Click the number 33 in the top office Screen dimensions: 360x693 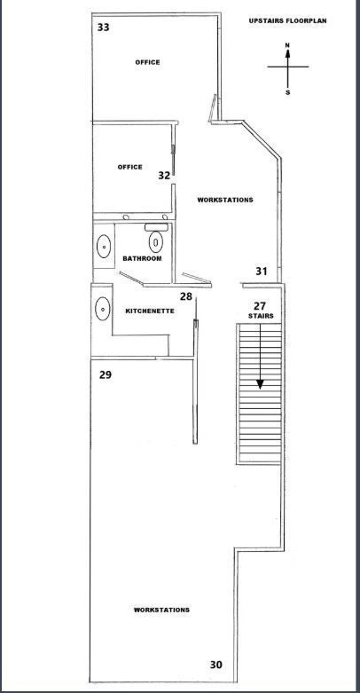pos(104,28)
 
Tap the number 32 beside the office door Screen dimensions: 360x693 pos(164,176)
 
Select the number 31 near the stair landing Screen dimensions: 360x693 pos(262,271)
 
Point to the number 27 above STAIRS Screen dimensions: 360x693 pos(260,306)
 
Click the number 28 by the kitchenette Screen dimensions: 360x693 pos(186,296)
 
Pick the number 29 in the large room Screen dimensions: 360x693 pos(106,374)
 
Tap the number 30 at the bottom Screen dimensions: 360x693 pos(216,665)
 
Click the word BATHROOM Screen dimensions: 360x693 pos(142,258)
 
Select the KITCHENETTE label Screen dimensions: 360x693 pos(150,311)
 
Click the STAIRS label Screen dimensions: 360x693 pos(261,316)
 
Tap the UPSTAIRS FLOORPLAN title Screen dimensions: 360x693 pos(287,20)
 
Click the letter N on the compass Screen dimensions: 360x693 pos(287,45)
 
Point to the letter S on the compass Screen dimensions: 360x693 pos(287,93)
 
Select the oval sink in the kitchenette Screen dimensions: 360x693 pos(103,309)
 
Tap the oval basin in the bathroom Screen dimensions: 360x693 pos(104,246)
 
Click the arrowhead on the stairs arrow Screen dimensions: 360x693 pos(260,384)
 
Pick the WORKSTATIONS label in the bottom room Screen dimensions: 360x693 pos(161,610)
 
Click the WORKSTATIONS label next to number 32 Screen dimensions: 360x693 pos(225,200)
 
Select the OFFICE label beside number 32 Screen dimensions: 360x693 pos(129,167)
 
